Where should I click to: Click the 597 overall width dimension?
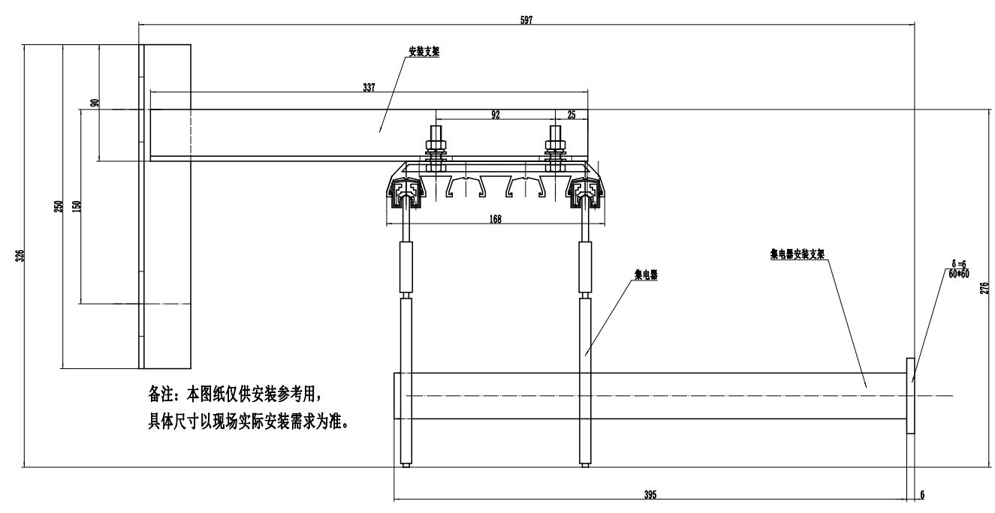click(x=526, y=20)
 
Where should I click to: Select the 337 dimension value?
click(x=369, y=87)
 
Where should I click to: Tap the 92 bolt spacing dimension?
click(x=496, y=115)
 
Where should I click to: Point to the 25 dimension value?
click(x=571, y=115)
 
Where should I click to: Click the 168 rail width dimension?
click(x=495, y=219)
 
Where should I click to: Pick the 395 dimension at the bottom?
click(x=650, y=495)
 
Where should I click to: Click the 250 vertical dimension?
click(x=59, y=206)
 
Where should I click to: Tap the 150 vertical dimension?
click(x=76, y=206)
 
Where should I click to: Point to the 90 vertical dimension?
click(x=95, y=103)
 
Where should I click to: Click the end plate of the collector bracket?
click(x=911, y=395)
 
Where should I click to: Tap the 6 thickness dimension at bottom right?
click(x=922, y=495)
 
